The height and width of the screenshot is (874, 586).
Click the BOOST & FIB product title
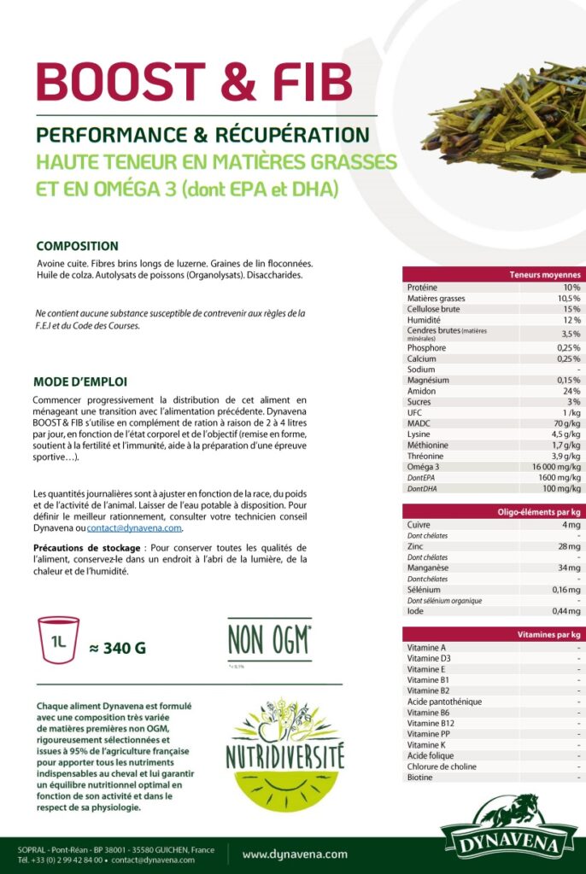[x=194, y=82]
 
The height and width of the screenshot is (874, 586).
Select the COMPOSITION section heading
[x=77, y=246]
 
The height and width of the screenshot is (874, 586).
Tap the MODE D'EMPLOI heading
[x=80, y=382]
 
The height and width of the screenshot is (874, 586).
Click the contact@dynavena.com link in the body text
[x=135, y=527]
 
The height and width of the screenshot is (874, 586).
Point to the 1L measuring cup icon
[x=59, y=636]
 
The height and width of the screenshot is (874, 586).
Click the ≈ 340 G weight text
[x=118, y=648]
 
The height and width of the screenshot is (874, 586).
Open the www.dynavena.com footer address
[x=295, y=854]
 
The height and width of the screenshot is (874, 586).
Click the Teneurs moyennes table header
[x=544, y=275]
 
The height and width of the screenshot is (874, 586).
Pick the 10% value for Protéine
[x=571, y=288]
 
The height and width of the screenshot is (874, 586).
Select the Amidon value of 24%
[x=571, y=391]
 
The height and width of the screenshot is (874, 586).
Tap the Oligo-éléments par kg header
[x=539, y=512]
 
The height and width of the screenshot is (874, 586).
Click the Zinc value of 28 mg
[x=569, y=546]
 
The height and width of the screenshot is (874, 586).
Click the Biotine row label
[x=419, y=778]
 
